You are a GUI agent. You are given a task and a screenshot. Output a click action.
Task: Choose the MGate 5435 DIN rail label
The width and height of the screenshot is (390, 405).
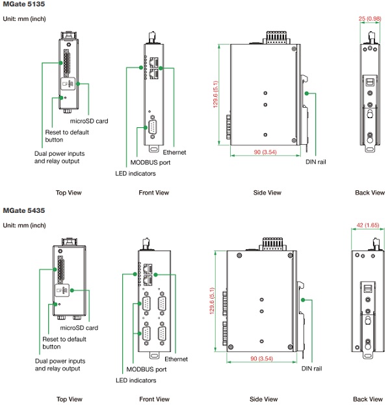tap(311, 368)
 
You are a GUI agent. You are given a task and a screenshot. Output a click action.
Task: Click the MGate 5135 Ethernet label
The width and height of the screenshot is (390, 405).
tap(175, 152)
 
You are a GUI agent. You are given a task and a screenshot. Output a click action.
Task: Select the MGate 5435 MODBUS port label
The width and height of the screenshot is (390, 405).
tap(146, 369)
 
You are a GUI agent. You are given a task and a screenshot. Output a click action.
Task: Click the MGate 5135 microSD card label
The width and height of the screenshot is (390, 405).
tap(88, 121)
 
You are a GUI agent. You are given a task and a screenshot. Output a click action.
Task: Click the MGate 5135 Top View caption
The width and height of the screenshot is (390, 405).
tap(69, 193)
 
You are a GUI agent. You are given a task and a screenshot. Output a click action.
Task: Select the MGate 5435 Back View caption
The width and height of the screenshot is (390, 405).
tap(369, 399)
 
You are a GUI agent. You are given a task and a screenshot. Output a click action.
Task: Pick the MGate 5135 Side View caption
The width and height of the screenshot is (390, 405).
tap(267, 193)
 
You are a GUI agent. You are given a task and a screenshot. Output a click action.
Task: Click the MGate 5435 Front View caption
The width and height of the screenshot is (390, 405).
tap(153, 399)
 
